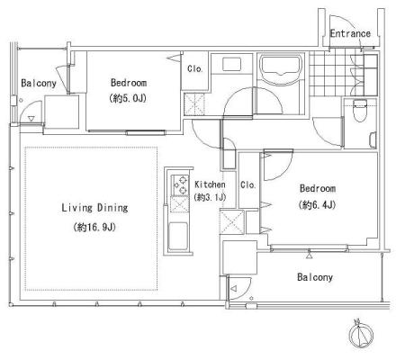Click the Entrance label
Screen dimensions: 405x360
[350, 33]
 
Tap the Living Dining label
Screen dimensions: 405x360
[94, 208]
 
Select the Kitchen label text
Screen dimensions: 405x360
[210, 184]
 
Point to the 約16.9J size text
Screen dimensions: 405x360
[94, 228]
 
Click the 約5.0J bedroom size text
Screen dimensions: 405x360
[128, 98]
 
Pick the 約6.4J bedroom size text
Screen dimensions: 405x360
[318, 205]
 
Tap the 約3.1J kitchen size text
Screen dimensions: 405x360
[210, 197]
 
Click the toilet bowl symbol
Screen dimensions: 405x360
[360, 111]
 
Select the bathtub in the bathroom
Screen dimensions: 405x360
[281, 66]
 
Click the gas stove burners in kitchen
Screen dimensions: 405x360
[180, 185]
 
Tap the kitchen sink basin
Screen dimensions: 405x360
[178, 236]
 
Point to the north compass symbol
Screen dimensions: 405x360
[361, 334]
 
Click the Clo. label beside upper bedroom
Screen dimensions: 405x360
[195, 68]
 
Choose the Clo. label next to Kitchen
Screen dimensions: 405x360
[248, 184]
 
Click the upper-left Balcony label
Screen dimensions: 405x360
[39, 83]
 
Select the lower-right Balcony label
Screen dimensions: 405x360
[315, 277]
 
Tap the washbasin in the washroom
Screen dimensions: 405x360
[231, 64]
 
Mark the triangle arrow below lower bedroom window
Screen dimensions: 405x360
[309, 256]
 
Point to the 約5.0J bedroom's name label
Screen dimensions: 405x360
[129, 83]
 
